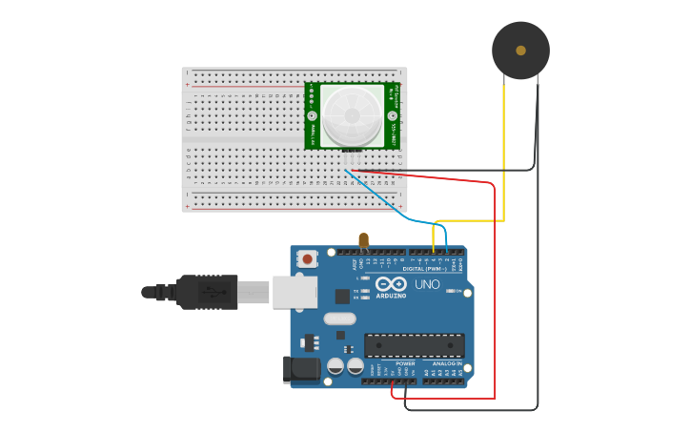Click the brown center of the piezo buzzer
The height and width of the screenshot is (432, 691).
pyautogui.click(x=520, y=50)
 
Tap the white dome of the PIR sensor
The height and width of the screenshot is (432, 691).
pyautogui.click(x=352, y=116)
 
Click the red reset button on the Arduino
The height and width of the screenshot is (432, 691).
pyautogui.click(x=308, y=257)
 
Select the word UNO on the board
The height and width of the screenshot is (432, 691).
pyautogui.click(x=428, y=285)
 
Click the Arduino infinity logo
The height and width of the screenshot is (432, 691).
pyautogui.click(x=391, y=284)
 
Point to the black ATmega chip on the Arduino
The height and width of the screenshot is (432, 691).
pyautogui.click(x=415, y=345)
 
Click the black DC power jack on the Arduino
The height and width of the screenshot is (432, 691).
pyautogui.click(x=301, y=369)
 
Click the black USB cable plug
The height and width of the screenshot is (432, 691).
pyautogui.click(x=206, y=292)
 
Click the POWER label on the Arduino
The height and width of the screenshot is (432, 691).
pyautogui.click(x=405, y=363)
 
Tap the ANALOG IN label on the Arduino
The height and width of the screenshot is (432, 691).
pyautogui.click(x=446, y=363)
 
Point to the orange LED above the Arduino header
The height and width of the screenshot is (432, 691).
pyautogui.click(x=363, y=239)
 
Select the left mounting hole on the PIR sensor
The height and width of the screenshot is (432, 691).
pyautogui.click(x=312, y=115)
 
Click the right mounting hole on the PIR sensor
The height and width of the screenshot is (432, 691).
pyautogui.click(x=392, y=115)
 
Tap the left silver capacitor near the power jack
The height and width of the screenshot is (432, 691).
pyautogui.click(x=335, y=366)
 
